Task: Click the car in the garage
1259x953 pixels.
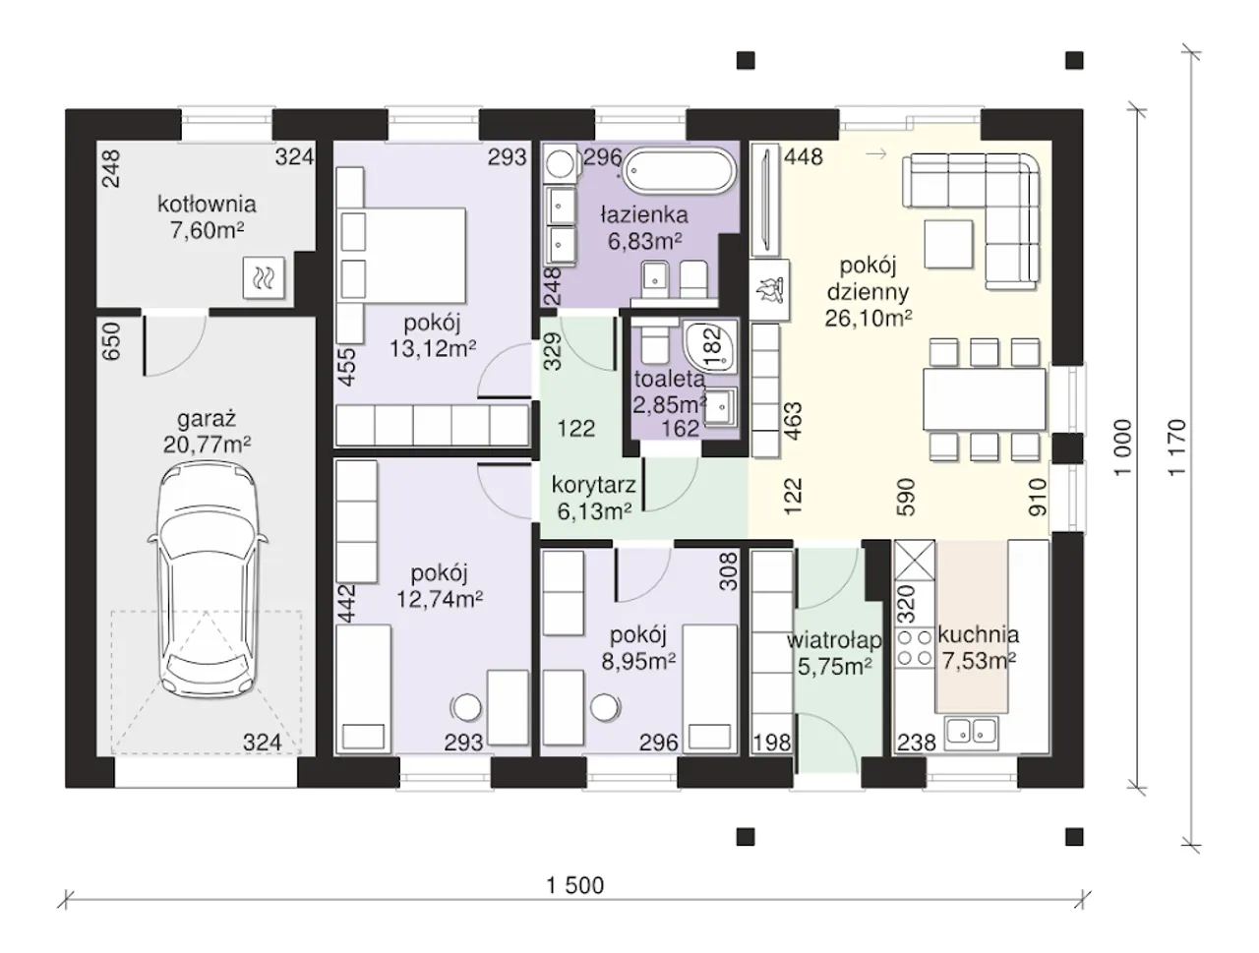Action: [x=208, y=579]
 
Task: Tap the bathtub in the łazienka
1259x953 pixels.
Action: [x=679, y=171]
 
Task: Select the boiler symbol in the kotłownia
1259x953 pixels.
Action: [x=264, y=277]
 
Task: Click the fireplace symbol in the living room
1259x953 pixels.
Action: [x=769, y=289]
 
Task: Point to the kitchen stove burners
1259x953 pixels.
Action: [x=915, y=647]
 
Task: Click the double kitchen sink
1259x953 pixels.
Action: [x=972, y=733]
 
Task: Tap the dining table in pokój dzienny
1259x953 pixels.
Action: [x=985, y=399]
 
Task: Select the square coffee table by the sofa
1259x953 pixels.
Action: [x=948, y=244]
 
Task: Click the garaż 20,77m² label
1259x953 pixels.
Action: [x=207, y=431]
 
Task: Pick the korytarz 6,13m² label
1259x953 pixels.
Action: [x=594, y=498]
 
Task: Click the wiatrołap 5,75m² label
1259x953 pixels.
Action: [x=834, y=653]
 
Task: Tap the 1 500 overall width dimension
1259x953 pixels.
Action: [x=575, y=885]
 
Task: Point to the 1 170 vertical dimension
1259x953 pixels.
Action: [x=1175, y=447]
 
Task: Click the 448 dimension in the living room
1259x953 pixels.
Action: [x=803, y=156]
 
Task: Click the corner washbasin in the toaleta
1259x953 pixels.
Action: [x=711, y=346]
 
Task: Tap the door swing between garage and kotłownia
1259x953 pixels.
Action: [x=174, y=343]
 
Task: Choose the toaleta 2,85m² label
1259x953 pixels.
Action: [x=670, y=391]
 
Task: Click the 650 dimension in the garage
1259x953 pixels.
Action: [x=111, y=341]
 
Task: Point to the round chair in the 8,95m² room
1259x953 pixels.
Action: [x=605, y=707]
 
